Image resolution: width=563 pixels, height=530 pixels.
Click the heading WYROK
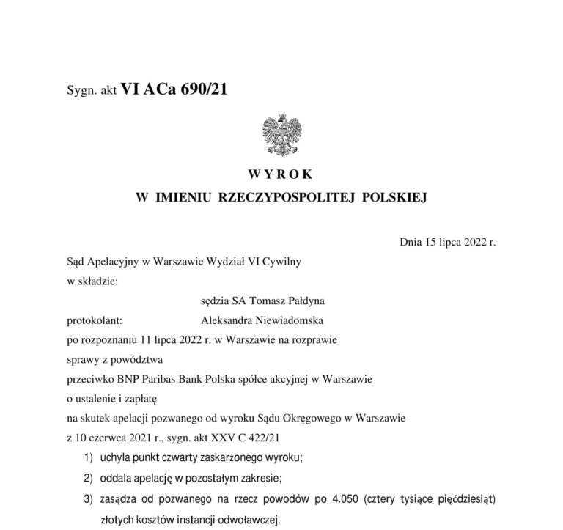[281, 174]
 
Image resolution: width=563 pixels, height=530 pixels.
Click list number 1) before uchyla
[89, 459]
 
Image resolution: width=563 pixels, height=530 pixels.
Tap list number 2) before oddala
[89, 480]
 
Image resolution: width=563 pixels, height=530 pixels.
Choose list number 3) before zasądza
[89, 501]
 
